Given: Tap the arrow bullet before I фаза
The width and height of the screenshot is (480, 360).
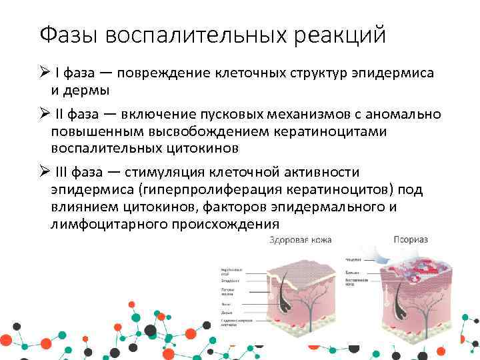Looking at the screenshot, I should (x=42, y=73).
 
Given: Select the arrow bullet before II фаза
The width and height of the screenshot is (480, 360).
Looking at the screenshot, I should (x=42, y=115).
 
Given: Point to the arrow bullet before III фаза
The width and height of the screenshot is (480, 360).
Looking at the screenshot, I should (x=42, y=173).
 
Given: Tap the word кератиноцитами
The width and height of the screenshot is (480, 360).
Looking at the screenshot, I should (x=332, y=131).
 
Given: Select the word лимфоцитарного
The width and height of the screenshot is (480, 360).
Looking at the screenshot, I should (x=104, y=225).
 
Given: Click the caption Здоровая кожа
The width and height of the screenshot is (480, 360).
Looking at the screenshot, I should (x=301, y=240).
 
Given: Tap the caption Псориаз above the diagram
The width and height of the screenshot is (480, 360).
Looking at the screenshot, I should (x=410, y=239).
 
